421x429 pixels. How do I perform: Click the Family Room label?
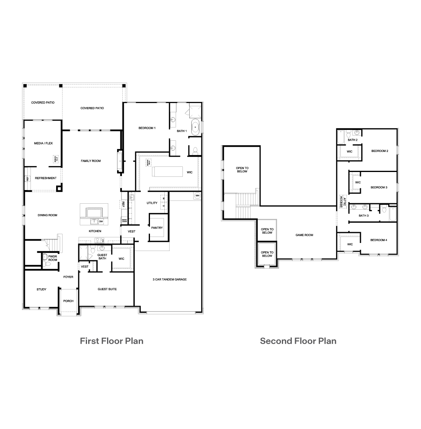91,161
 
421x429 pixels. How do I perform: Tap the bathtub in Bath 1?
196,127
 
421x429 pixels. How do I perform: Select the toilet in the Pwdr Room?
45,258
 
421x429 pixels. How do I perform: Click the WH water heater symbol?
197,196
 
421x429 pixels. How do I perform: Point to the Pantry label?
157,228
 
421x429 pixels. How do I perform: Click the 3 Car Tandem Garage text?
170,279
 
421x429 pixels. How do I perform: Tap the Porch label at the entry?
68,301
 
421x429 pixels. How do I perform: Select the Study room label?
41,289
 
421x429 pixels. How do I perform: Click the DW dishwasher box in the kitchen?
101,222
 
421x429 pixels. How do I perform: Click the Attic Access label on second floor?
342,201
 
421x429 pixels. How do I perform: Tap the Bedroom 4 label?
378,240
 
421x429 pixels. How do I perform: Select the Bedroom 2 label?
379,151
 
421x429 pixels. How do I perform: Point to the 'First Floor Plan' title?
111,341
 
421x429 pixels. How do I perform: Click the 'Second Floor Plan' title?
298,341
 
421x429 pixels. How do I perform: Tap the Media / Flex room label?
43,143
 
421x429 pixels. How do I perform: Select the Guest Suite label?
107,289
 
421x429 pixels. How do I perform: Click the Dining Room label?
47,215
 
